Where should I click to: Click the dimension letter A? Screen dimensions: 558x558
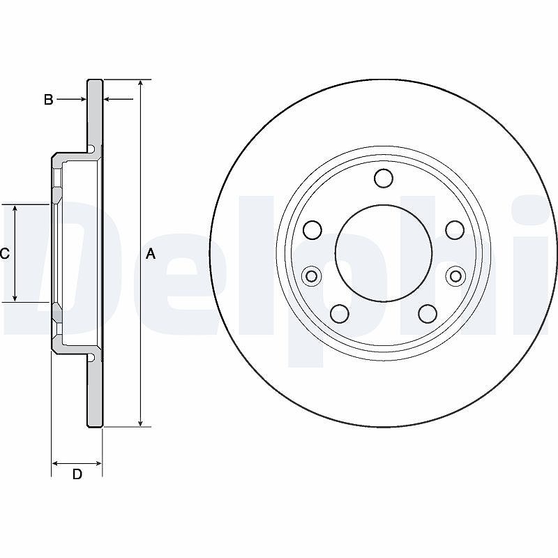(151, 254)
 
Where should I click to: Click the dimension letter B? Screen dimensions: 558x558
(48, 100)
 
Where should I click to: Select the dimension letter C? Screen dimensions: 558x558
(4, 254)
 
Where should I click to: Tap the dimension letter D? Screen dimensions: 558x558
(77, 474)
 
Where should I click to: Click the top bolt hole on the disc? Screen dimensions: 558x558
(384, 178)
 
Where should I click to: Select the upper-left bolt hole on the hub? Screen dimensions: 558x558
(312, 229)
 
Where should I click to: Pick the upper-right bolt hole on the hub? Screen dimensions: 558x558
(455, 229)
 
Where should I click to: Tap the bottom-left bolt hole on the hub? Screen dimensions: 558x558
(339, 313)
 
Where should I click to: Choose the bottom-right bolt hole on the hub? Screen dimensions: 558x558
(428, 313)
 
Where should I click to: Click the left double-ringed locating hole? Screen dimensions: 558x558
(311, 276)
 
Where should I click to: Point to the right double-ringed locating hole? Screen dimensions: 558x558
(456, 276)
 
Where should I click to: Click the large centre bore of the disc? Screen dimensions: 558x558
(384, 253)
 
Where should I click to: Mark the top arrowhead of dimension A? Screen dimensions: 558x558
(141, 82)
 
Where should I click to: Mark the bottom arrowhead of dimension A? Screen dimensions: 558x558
(141, 423)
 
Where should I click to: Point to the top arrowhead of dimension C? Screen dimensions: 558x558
(15, 208)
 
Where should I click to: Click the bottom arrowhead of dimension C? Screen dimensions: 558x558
(15, 299)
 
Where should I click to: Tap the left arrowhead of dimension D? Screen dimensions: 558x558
(55, 463)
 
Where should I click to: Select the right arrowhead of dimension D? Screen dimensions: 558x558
(98, 463)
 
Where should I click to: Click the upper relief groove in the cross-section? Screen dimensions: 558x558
(91, 149)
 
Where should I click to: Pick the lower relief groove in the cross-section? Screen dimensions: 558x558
(91, 358)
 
